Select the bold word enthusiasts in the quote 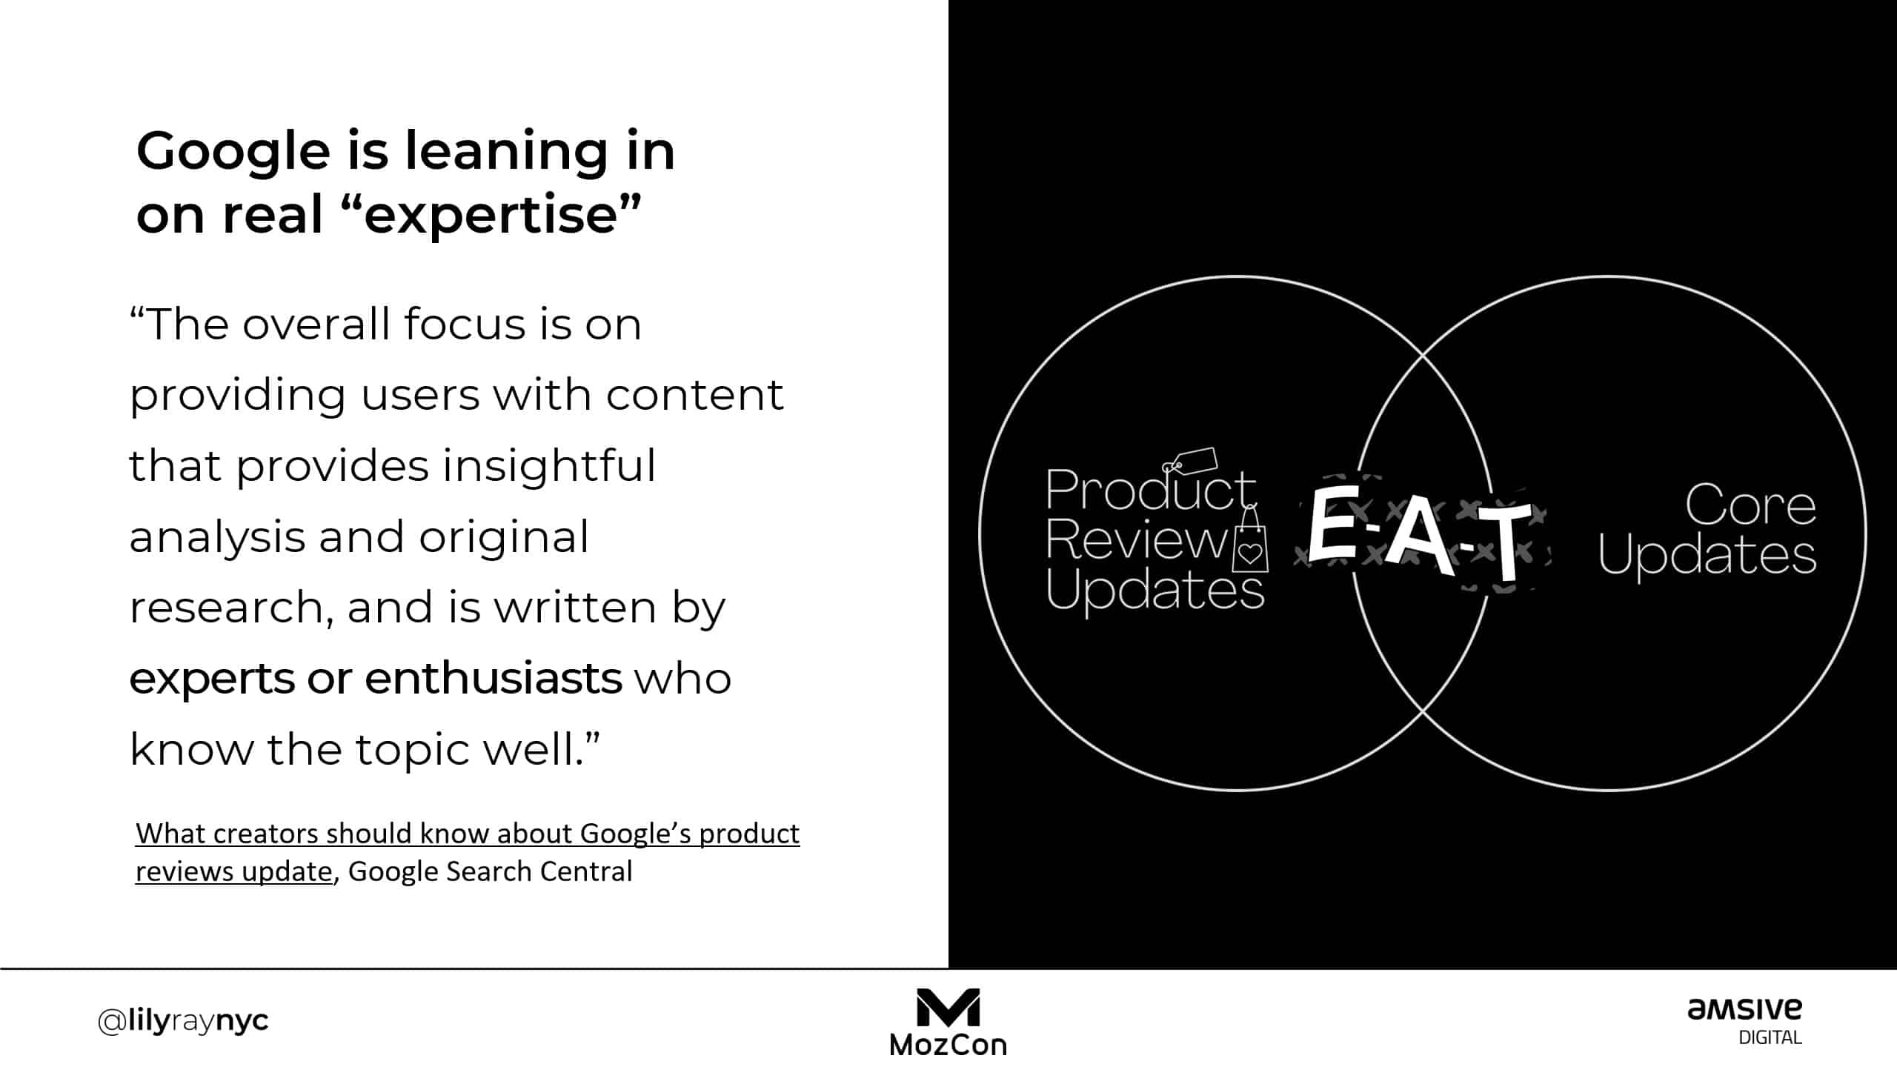click(x=493, y=678)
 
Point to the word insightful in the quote click(x=549, y=465)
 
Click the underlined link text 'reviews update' click(x=233, y=871)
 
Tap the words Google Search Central click(x=490, y=871)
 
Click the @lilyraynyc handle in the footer click(x=183, y=1021)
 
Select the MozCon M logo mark click(x=948, y=1007)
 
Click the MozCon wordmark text click(x=948, y=1045)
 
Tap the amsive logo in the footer click(x=1744, y=1009)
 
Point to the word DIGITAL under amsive click(x=1770, y=1037)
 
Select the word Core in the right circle click(x=1750, y=505)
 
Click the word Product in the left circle click(x=1149, y=491)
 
